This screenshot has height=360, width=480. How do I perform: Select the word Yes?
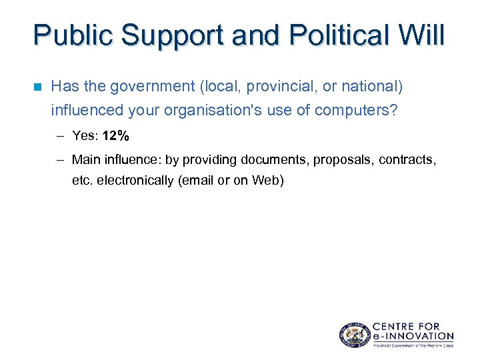click(x=84, y=136)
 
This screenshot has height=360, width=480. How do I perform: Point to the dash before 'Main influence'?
click(x=60, y=159)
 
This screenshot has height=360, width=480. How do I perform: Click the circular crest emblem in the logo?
click(x=353, y=334)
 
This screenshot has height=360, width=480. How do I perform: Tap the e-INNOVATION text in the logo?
click(x=413, y=336)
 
